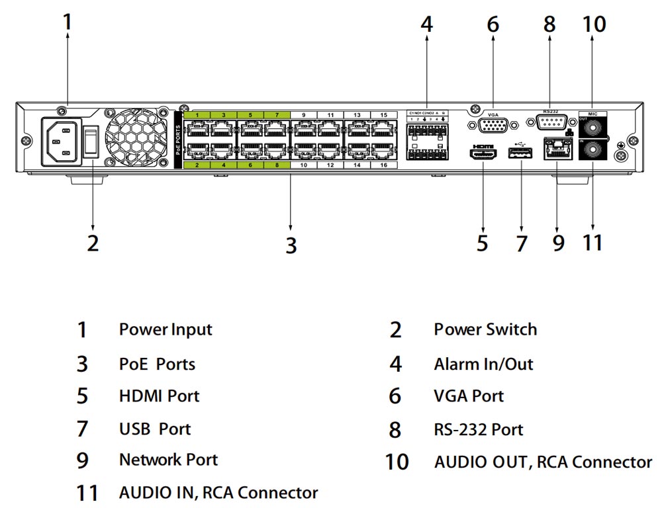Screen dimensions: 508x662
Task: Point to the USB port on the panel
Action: [520, 153]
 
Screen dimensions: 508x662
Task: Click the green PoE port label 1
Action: [197, 115]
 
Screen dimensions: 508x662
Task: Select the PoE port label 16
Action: [384, 165]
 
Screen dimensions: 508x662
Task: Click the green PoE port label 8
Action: [277, 165]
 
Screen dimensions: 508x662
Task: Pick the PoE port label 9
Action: [304, 115]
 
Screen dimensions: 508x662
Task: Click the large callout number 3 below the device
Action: [291, 245]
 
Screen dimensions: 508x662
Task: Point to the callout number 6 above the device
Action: [493, 24]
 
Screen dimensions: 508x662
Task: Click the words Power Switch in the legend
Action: [485, 329]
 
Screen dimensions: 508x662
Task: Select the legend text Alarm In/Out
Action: [483, 364]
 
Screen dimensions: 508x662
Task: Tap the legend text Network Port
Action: [168, 459]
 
